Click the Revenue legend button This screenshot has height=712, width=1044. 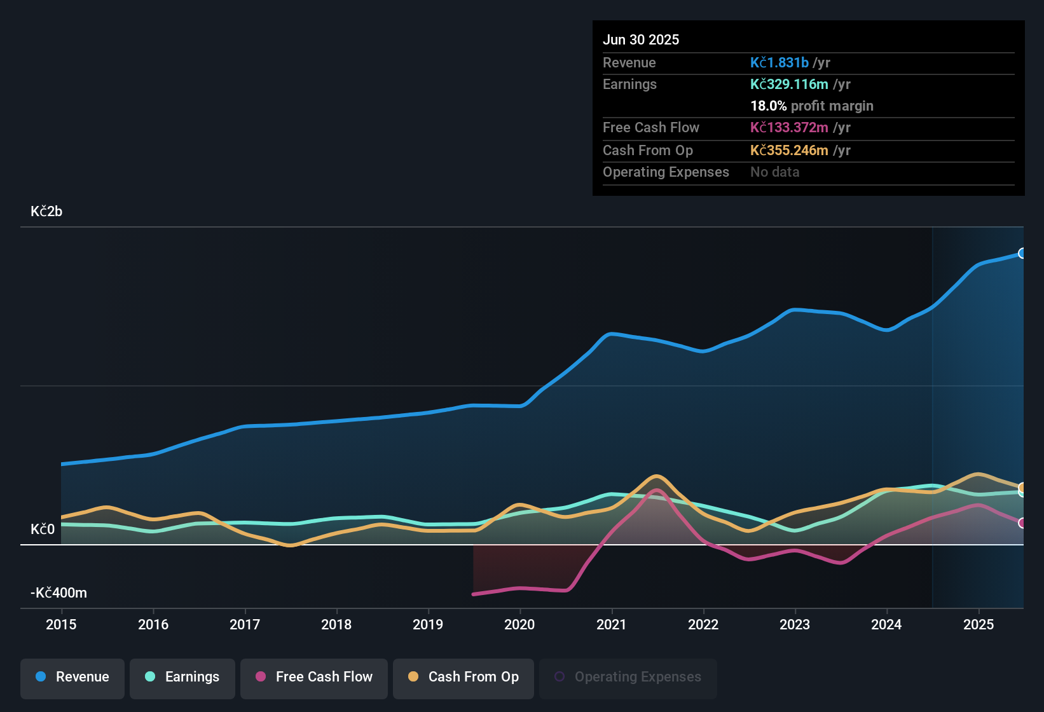72,677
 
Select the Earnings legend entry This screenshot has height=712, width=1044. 182,677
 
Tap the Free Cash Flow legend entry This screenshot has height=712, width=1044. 314,677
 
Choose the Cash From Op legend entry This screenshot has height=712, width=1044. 464,677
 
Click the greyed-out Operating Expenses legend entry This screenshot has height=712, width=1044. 628,677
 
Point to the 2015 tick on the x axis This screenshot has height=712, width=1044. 61,624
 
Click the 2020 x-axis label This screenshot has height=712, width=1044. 519,624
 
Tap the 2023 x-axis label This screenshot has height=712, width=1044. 795,624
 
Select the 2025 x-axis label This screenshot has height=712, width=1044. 978,624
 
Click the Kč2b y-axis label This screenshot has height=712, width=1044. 46,212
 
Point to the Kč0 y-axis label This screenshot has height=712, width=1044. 43,530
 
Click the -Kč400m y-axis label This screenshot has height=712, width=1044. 58,593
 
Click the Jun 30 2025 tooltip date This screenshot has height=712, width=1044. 641,40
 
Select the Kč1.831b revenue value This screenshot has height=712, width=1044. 779,63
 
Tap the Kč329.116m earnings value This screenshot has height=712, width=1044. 789,85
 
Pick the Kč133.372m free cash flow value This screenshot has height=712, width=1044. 789,128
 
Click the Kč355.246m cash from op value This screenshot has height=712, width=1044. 789,151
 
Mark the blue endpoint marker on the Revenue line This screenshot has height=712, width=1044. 1022,253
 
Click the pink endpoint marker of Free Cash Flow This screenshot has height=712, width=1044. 1022,523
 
